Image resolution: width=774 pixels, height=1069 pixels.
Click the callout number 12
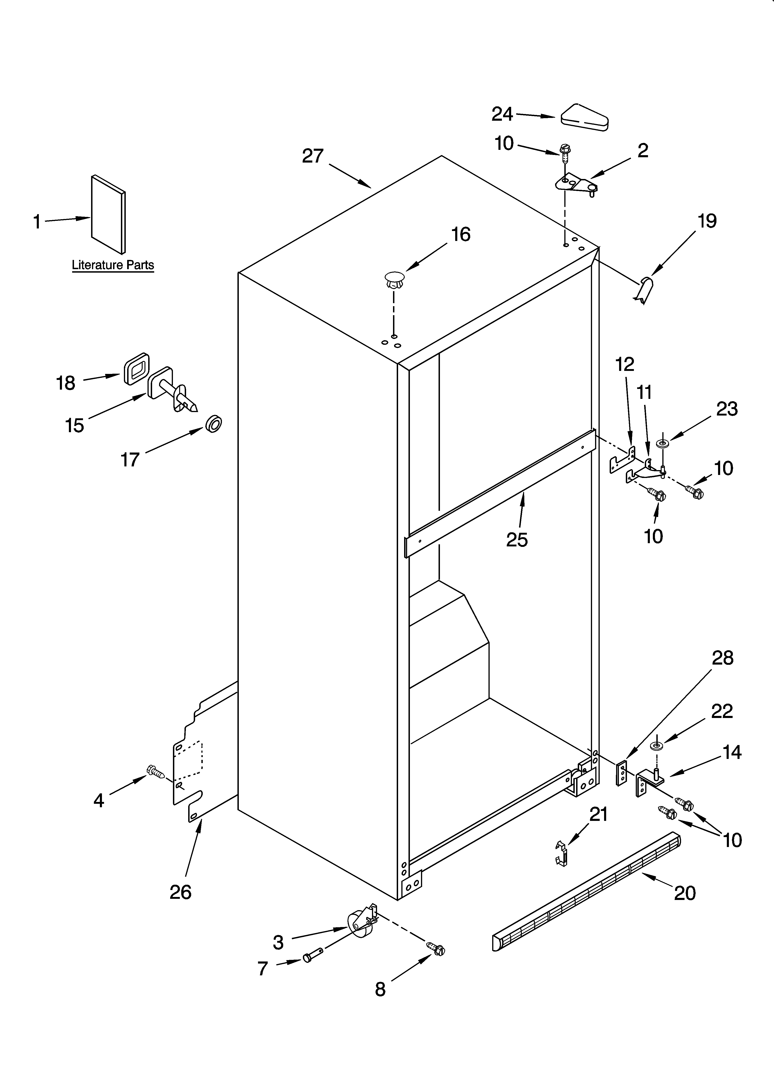pyautogui.click(x=625, y=364)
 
